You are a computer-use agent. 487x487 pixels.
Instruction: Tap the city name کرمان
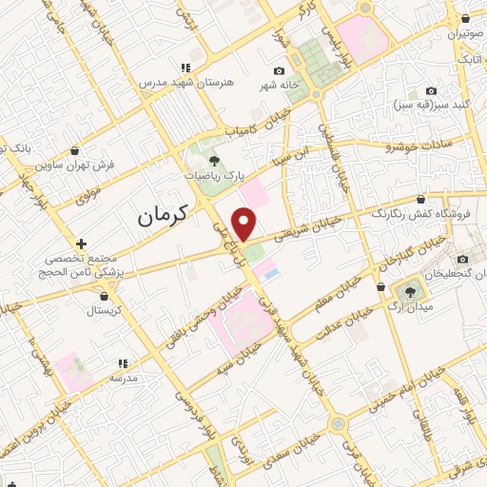pyautogui.click(x=170, y=216)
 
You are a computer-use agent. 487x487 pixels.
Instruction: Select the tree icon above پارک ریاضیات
pyautogui.click(x=216, y=161)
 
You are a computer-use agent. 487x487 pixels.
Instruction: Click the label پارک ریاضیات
pyautogui.click(x=216, y=176)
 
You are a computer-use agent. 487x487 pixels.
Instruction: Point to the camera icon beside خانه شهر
pyautogui.click(x=279, y=71)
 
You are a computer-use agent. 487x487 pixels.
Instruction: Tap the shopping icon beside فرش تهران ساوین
pyautogui.click(x=75, y=150)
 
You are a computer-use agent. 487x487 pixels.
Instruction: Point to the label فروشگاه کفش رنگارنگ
pyautogui.click(x=419, y=214)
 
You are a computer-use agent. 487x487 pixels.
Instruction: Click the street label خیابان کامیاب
pyautogui.click(x=250, y=128)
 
